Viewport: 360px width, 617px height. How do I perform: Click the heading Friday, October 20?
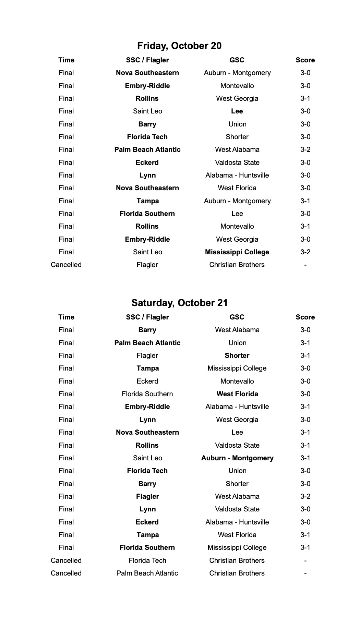click(179, 46)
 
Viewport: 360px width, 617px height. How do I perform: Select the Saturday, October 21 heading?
click(179, 303)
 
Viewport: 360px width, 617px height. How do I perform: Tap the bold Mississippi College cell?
click(237, 252)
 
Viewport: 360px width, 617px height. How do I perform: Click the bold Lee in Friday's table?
click(237, 111)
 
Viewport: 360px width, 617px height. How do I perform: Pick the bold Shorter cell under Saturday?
click(237, 355)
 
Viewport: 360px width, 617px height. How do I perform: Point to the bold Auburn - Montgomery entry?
click(237, 458)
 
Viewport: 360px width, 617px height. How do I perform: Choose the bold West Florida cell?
click(237, 394)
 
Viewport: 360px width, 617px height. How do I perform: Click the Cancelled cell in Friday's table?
click(66, 265)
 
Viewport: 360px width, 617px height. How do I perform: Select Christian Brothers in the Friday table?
click(237, 265)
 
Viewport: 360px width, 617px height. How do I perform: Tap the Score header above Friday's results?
click(305, 60)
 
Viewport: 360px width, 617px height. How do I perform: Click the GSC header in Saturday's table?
click(237, 317)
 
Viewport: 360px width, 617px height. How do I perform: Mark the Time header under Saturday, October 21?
click(66, 317)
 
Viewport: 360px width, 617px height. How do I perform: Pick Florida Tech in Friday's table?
click(147, 137)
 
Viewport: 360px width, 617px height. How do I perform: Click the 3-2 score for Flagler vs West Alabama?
click(305, 496)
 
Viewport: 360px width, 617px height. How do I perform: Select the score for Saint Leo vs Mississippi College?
click(305, 252)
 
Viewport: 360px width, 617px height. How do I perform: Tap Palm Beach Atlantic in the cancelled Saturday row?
click(147, 573)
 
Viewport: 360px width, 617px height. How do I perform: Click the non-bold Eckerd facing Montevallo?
click(147, 381)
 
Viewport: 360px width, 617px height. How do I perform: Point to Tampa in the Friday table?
click(147, 201)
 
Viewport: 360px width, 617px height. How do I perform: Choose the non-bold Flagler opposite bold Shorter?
click(147, 355)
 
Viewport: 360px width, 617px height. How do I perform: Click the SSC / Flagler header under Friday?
click(147, 60)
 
